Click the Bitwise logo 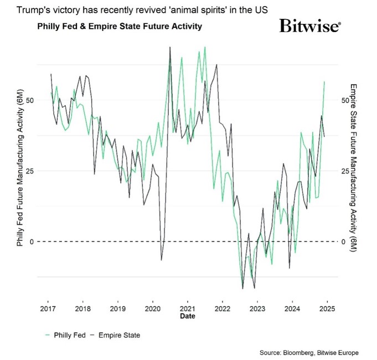(310, 25)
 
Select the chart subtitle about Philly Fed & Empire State (119, 26)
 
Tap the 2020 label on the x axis (152, 308)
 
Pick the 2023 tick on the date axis (257, 308)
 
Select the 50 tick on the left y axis (31, 100)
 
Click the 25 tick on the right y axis (345, 171)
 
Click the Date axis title (187, 316)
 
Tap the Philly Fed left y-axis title (20, 171)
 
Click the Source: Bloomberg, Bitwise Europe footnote (308, 352)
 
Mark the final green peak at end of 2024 (324, 81)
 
